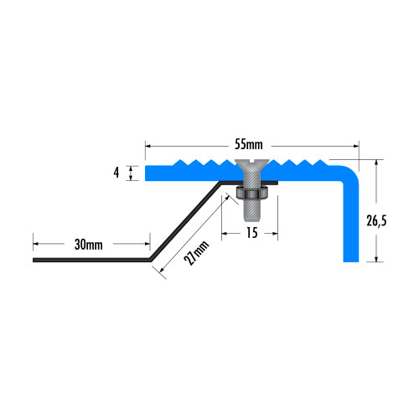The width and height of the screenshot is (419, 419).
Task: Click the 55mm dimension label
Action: point(249,145)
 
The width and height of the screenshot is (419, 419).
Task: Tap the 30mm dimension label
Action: point(89,245)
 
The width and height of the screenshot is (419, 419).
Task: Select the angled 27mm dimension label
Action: point(196,253)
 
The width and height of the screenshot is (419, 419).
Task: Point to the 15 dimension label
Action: point(252,233)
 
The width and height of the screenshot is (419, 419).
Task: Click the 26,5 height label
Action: point(376,220)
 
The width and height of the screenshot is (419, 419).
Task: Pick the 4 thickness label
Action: point(116,173)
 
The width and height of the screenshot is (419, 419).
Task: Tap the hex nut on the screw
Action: point(252,192)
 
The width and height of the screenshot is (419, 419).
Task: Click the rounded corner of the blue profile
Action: point(353,173)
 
